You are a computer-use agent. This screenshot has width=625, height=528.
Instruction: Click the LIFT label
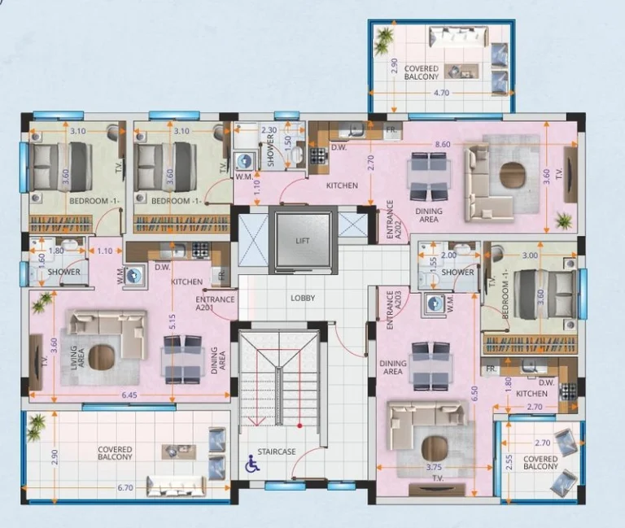303,241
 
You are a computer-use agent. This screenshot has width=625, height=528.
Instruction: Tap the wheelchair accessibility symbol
252,464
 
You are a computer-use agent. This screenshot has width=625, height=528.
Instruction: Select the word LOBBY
303,298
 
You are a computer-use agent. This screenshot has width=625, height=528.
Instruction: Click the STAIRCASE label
277,452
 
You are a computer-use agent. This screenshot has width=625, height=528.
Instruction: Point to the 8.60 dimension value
443,144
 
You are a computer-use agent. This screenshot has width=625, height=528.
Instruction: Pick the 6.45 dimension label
129,395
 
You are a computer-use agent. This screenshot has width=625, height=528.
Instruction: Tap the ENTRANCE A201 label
215,303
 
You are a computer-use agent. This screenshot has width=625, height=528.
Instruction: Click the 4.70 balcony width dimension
441,93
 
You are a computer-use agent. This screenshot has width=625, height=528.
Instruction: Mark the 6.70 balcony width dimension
125,488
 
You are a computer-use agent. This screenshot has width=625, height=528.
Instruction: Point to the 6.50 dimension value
474,394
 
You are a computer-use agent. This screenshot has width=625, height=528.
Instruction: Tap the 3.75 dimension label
434,468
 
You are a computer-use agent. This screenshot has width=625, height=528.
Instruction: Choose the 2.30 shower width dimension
269,130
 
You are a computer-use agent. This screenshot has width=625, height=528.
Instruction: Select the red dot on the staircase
299,426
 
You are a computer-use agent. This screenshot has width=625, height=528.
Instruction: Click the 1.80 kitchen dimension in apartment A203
508,386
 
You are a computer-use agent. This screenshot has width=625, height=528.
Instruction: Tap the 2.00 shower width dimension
449,255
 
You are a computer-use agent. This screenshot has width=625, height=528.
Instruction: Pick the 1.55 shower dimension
435,262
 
